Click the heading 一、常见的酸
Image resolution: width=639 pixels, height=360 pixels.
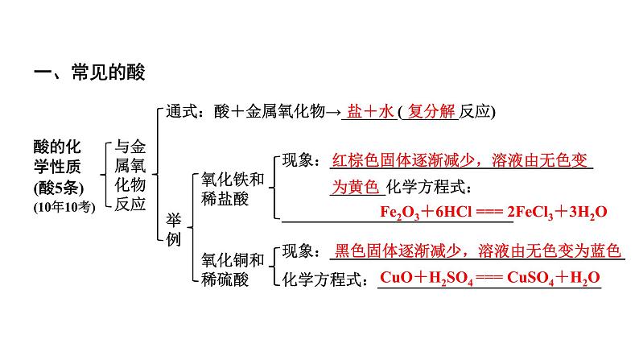point(89,72)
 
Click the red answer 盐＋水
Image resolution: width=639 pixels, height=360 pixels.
point(370,111)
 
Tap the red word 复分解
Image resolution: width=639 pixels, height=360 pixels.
point(431,111)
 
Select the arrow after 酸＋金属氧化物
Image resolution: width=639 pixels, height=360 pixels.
point(333,113)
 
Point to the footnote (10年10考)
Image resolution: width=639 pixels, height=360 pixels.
point(64,207)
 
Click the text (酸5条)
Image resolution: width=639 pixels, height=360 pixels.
point(59,188)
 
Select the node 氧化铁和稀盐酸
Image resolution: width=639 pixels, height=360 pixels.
point(233,189)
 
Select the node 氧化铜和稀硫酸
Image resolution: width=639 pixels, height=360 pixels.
point(233,270)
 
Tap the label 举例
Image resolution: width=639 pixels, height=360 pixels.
point(174,230)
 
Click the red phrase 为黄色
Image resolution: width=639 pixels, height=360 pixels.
point(356,187)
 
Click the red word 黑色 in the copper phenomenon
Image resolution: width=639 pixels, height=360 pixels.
point(350,250)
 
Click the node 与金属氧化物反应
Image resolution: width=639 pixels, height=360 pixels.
point(130,176)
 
